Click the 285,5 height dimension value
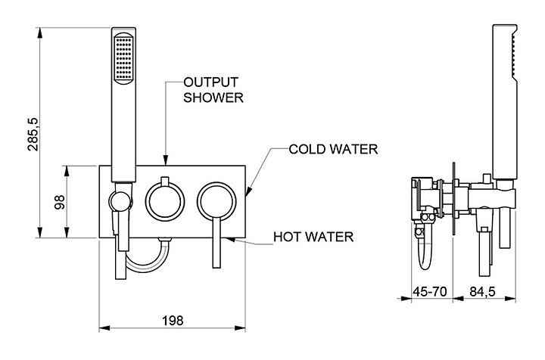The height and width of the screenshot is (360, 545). tap(33, 135)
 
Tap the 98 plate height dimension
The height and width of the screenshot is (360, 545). tap(60, 202)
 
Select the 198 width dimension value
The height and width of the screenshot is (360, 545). tap(173, 321)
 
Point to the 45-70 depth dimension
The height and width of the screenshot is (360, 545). tap(430, 292)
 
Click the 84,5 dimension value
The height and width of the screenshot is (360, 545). tap(482, 292)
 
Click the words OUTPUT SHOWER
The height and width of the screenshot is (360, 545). tap(213, 90)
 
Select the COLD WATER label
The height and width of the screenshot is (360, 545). tap(333, 149)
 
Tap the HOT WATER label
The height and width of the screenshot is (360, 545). tap(313, 237)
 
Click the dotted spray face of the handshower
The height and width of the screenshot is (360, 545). tap(123, 59)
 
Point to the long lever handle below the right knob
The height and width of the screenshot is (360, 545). tap(216, 244)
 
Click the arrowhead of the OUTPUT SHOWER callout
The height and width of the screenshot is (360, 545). tap(166, 160)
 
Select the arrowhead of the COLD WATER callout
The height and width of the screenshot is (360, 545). tap(248, 191)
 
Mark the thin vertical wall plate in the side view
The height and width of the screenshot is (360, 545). tap(453, 199)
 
